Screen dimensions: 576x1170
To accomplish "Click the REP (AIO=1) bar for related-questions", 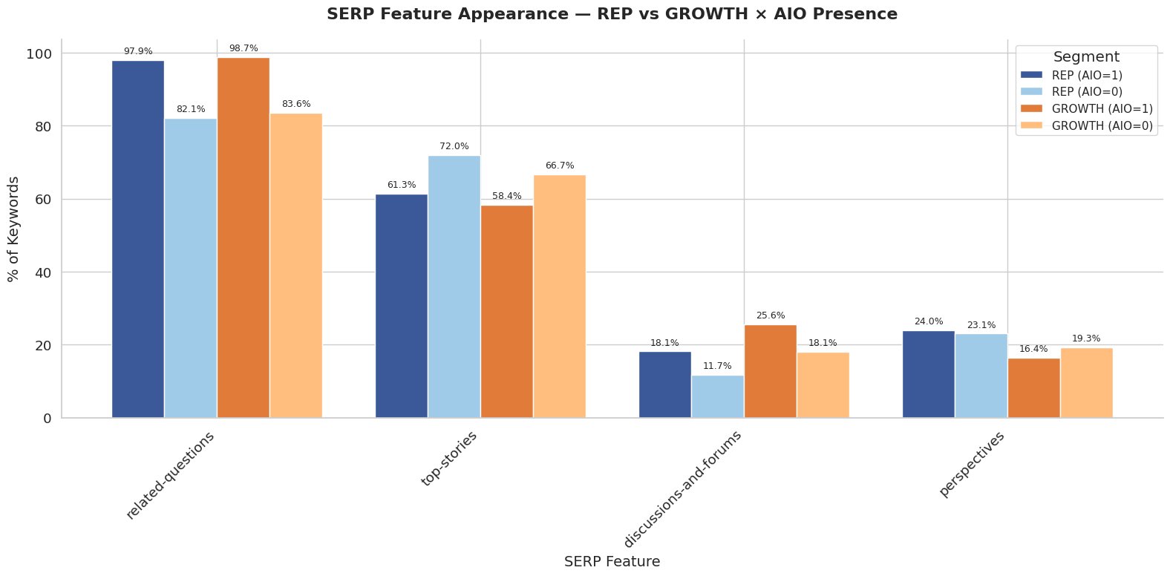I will pyautogui.click(x=138, y=239).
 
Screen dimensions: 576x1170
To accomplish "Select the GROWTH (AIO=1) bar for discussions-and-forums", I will pyautogui.click(x=770, y=371).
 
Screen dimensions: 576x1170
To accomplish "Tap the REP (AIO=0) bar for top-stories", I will pyautogui.click(x=454, y=287).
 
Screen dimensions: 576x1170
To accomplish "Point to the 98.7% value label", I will pyautogui.click(x=244, y=48).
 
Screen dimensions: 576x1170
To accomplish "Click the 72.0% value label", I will pyautogui.click(x=454, y=146).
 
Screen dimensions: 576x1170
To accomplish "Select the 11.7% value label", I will pyautogui.click(x=717, y=366).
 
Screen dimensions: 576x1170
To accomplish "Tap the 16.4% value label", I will pyautogui.click(x=1033, y=349).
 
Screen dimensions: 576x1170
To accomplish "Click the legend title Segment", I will pyautogui.click(x=1086, y=57).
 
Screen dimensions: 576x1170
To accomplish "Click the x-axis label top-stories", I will pyautogui.click(x=448, y=459).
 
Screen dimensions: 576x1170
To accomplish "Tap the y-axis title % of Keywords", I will pyautogui.click(x=13, y=229).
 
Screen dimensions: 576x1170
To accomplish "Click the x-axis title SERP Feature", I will pyautogui.click(x=612, y=562).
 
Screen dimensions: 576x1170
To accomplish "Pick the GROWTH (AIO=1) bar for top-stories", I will pyautogui.click(x=506, y=312).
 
